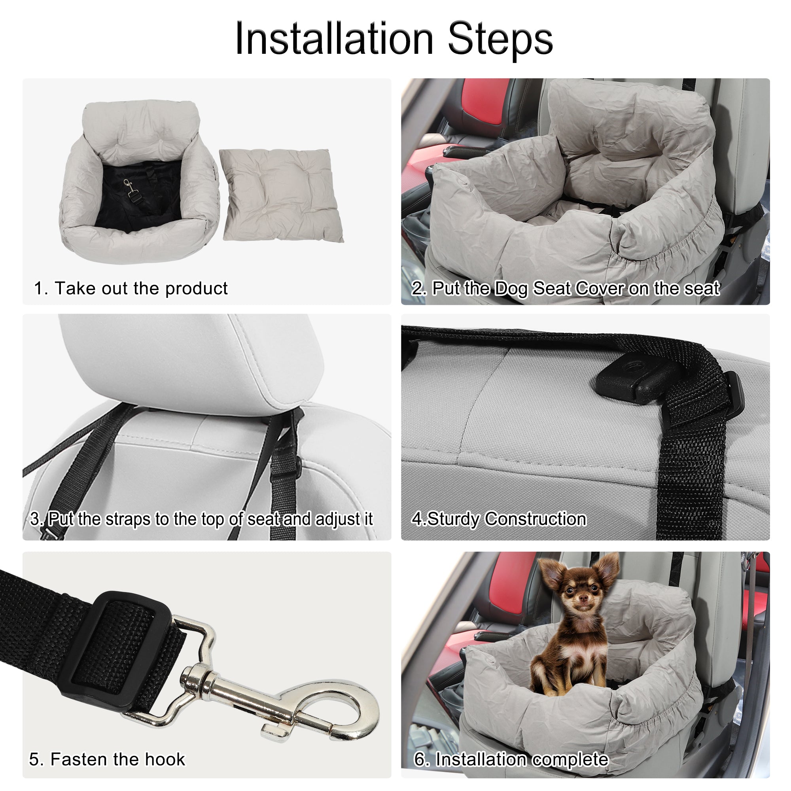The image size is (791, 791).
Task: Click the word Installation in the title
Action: click(x=334, y=39)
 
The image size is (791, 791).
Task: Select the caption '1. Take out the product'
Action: click(x=131, y=288)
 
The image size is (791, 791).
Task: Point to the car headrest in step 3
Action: click(x=193, y=360)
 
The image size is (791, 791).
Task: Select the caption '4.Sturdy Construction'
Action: click(x=499, y=519)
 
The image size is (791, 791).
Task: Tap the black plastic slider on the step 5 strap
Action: click(x=119, y=647)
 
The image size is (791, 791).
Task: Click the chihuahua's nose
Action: click(x=583, y=598)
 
